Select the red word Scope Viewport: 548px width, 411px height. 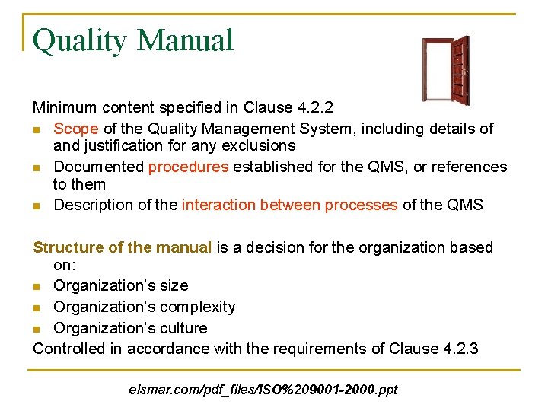[76, 129]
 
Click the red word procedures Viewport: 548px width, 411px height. [188, 167]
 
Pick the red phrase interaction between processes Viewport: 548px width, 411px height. [289, 205]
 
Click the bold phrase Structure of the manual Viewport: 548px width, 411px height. [123, 247]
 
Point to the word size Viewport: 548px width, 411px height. [173, 285]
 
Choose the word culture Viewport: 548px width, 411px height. [182, 328]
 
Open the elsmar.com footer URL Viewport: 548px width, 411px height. [263, 390]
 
